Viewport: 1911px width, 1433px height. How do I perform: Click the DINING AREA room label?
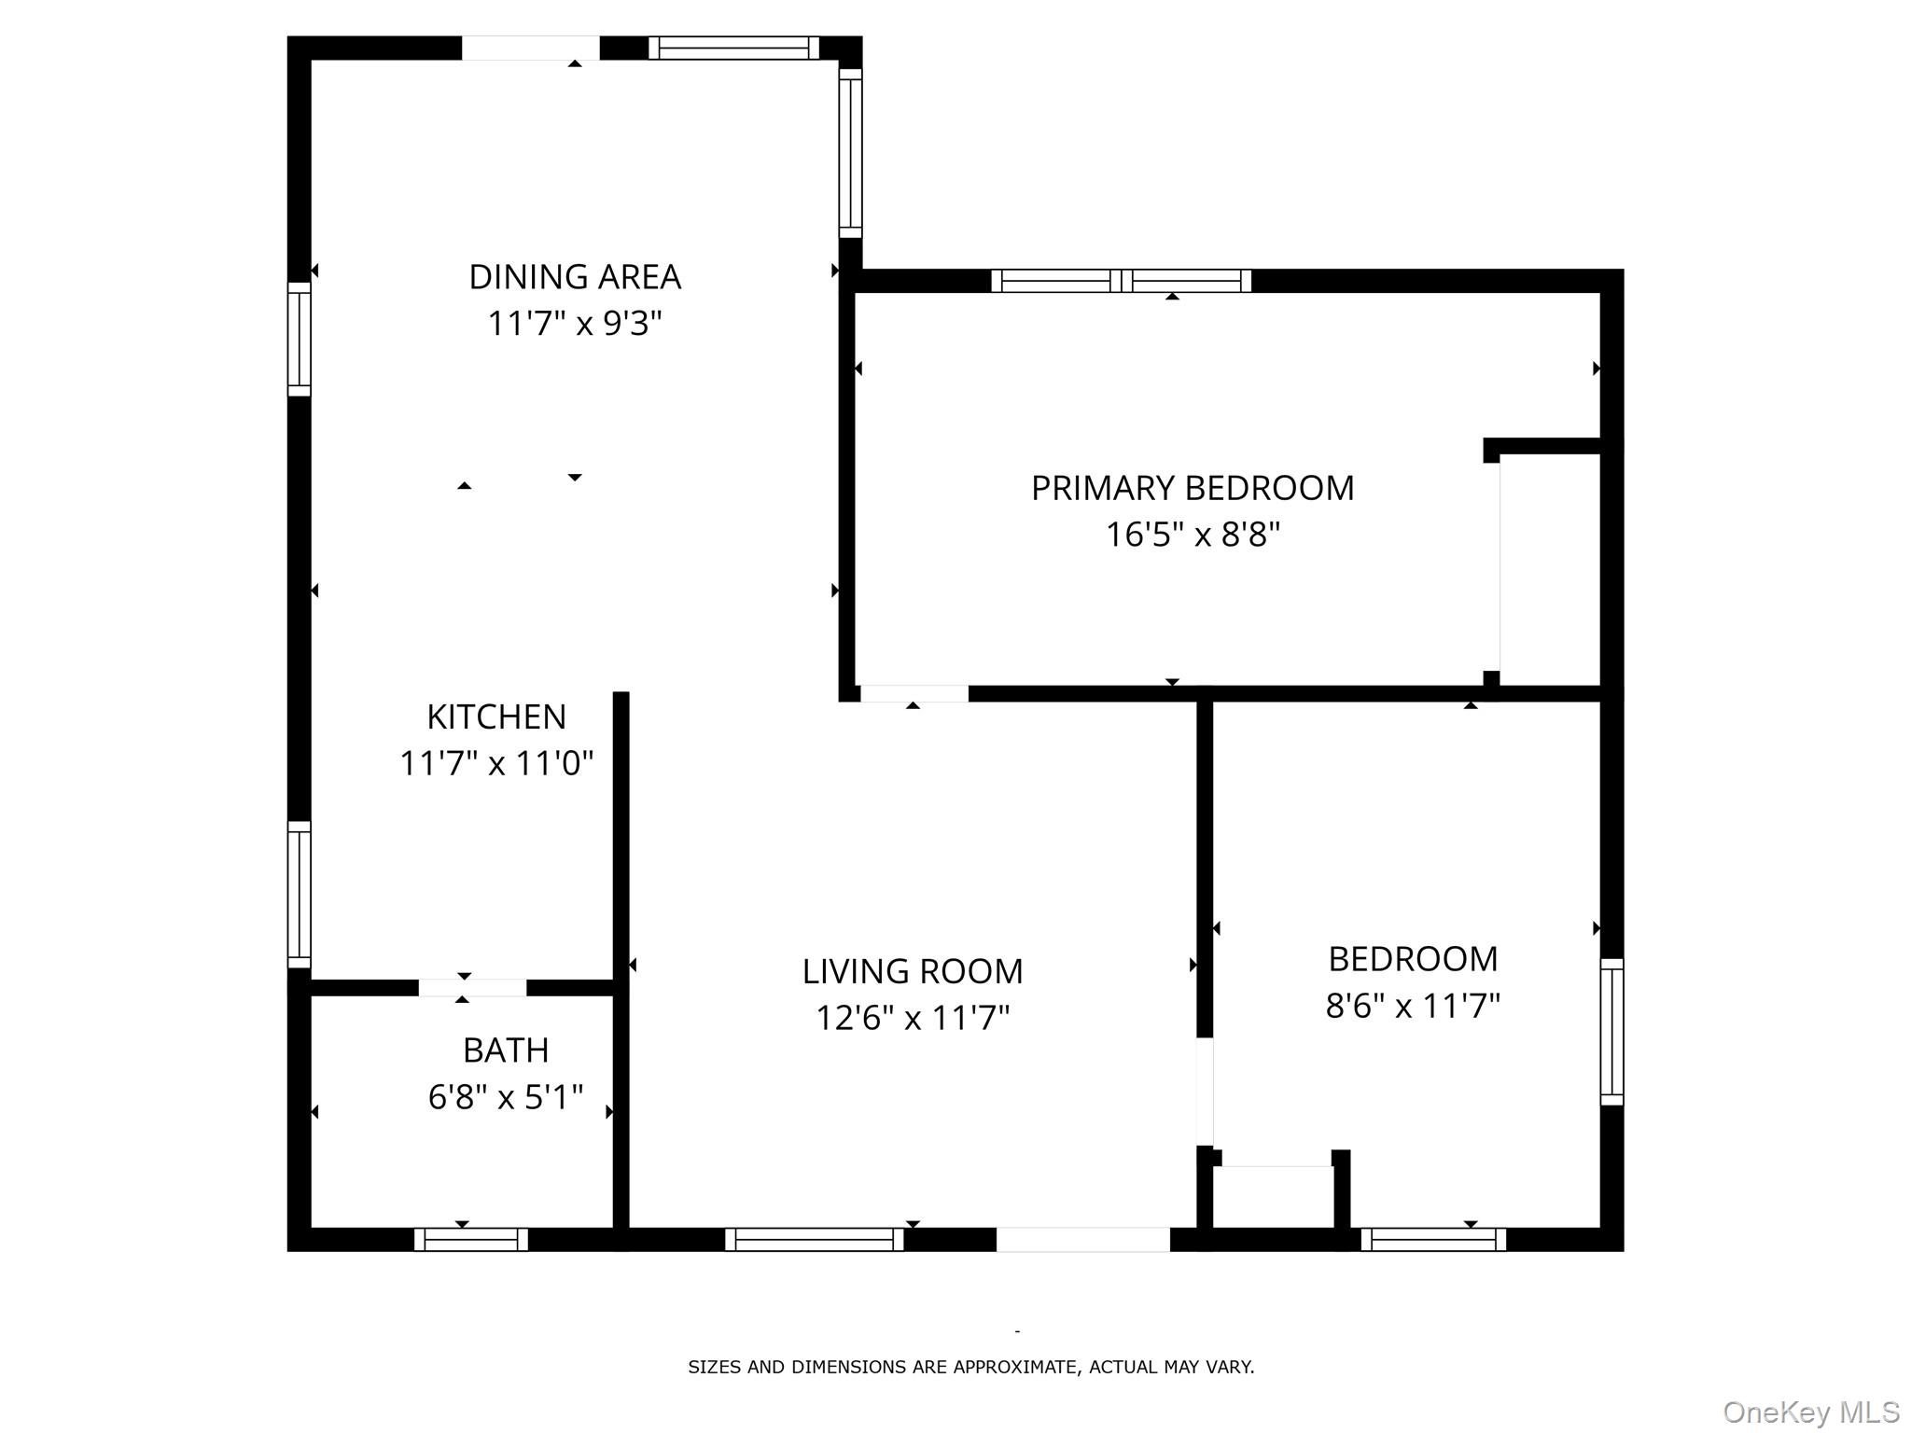(x=575, y=277)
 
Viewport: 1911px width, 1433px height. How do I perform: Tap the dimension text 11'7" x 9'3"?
(x=575, y=324)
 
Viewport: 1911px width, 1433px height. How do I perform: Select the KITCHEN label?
(x=496, y=717)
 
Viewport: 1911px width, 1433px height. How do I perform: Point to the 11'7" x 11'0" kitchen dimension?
(x=496, y=764)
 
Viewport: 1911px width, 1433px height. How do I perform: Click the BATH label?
(x=506, y=1050)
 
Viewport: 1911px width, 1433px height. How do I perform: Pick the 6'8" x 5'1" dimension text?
(x=506, y=1097)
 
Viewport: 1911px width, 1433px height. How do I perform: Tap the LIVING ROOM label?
(x=913, y=971)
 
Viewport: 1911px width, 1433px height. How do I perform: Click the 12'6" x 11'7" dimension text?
(x=913, y=1018)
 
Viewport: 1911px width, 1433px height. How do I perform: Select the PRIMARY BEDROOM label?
(x=1193, y=488)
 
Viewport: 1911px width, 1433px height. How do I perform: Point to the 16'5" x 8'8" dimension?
(x=1193, y=535)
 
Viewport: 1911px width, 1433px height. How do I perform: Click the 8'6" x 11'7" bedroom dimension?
(x=1413, y=1006)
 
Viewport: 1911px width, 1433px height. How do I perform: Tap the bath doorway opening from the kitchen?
(x=472, y=987)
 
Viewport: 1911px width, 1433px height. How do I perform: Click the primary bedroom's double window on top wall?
(x=1121, y=280)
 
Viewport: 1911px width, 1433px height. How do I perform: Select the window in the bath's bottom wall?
(x=471, y=1239)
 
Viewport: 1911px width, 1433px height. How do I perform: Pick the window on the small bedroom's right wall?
(x=1611, y=1031)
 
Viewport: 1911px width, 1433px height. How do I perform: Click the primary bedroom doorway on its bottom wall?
(x=914, y=693)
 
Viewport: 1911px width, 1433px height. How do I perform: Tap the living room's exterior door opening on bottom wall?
(x=1082, y=1239)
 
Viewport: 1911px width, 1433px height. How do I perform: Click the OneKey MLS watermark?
(x=1810, y=1412)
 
